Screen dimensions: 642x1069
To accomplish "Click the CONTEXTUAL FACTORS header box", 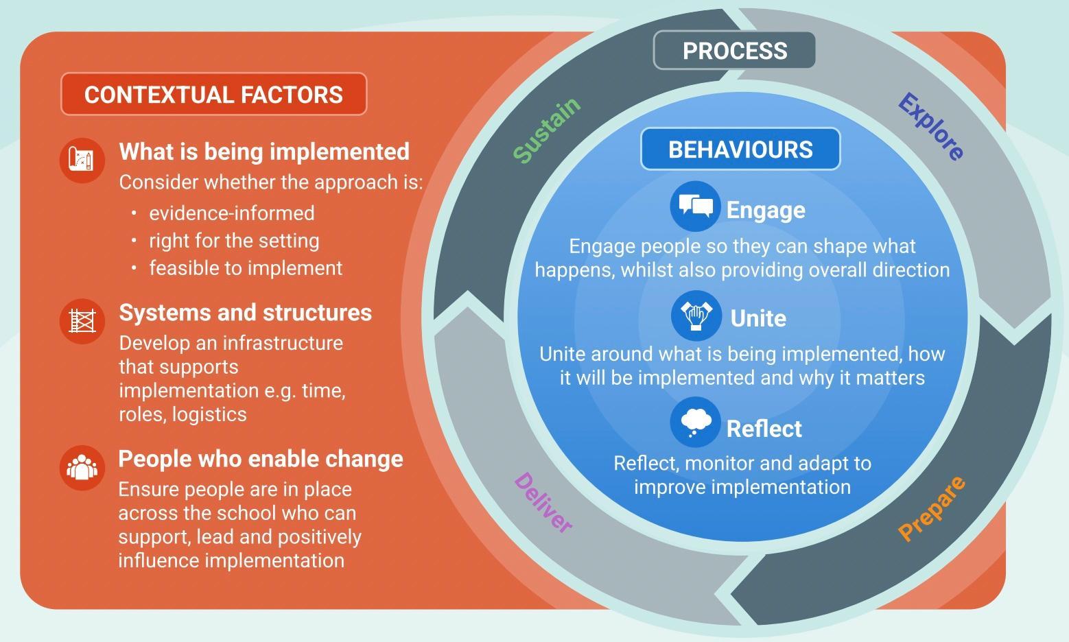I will pos(213,94).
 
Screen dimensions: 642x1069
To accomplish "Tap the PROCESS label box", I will pos(734,51).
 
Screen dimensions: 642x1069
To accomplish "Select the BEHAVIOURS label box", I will pos(740,150).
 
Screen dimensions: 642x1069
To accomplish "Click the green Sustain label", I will pos(547,130).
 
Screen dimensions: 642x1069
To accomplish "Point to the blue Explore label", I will pos(930,126).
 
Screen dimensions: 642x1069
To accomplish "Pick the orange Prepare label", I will pos(932,508).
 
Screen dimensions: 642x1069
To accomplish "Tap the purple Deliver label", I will pos(543,502).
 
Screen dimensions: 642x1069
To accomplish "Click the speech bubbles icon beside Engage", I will pos(695,206).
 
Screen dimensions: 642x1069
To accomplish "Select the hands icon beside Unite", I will pos(696,316).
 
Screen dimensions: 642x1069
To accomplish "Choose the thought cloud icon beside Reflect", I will pos(696,422).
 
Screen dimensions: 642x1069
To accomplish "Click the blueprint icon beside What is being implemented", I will pos(82,160).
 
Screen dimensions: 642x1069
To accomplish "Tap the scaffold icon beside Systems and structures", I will pos(82,321).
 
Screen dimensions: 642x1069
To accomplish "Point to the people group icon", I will pos(82,468).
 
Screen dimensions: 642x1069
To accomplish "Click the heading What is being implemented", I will pos(264,151).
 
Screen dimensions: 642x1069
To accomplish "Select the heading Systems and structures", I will pos(245,312).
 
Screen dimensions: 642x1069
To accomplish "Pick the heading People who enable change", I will pos(261,459).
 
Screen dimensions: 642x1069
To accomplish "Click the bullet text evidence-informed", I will pos(232,213).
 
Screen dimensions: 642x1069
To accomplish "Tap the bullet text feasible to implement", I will pos(246,267).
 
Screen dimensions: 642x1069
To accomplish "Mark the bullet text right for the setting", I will pos(234,241).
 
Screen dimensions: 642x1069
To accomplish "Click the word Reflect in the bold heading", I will pos(764,429).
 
